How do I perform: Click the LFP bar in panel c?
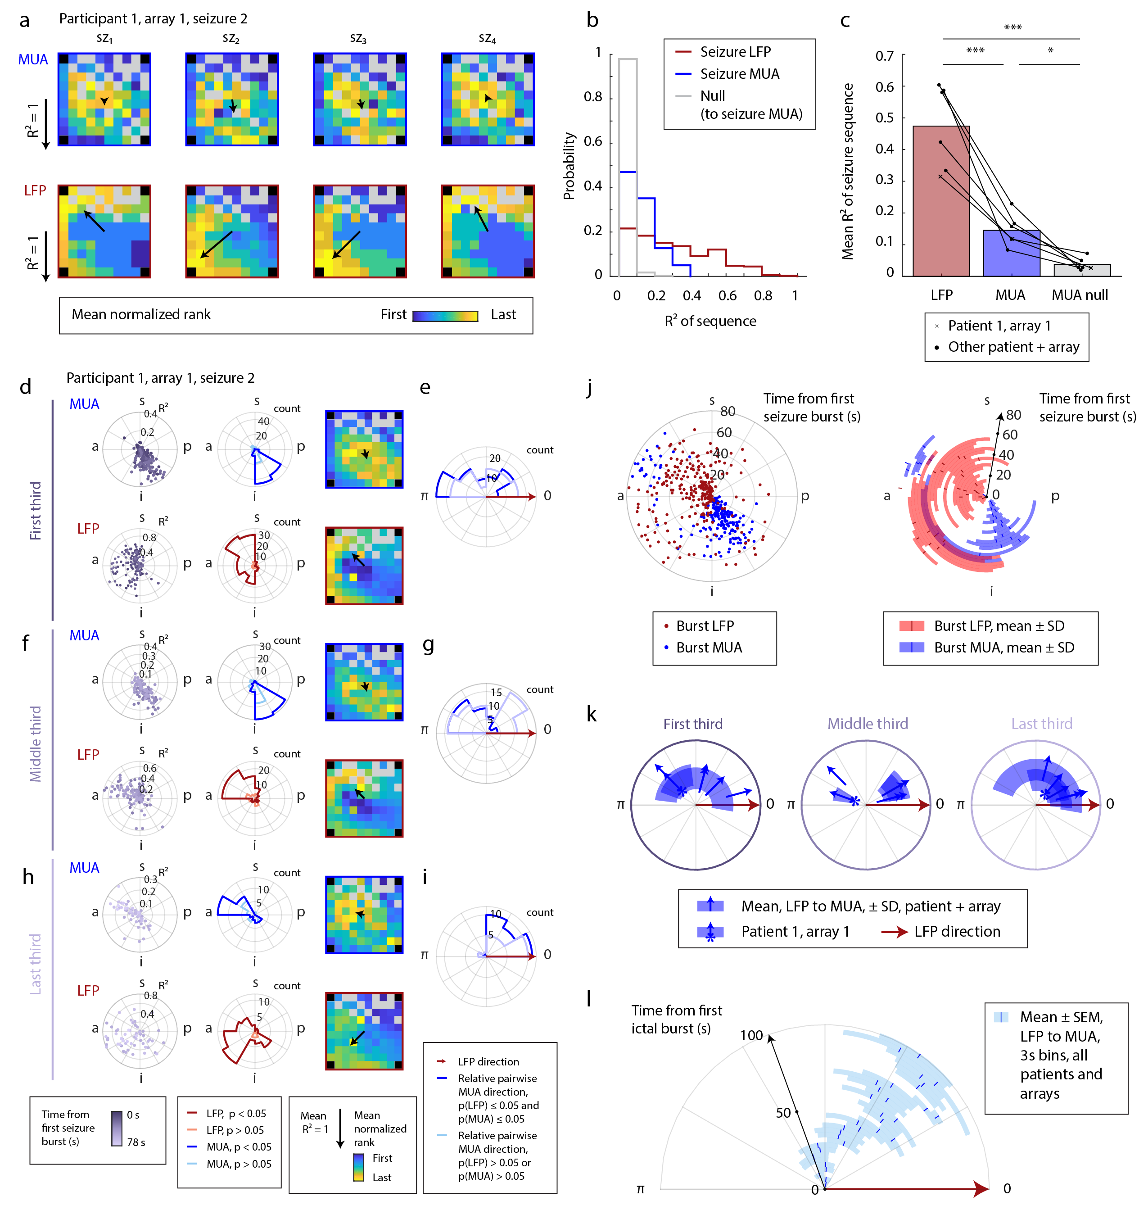[x=940, y=204]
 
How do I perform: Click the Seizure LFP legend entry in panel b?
[x=735, y=52]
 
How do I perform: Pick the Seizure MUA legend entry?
[x=739, y=74]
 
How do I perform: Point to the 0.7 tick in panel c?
[x=884, y=56]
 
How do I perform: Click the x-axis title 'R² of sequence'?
[x=710, y=321]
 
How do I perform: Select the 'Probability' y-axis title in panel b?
[x=569, y=166]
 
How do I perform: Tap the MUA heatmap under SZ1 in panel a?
[x=104, y=100]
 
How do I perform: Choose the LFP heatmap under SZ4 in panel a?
[x=487, y=231]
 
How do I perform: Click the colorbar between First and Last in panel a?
[x=445, y=316]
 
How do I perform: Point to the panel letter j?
[x=590, y=388]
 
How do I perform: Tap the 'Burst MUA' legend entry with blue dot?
[x=708, y=648]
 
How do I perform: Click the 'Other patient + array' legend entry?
[x=1013, y=347]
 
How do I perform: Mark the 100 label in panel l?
[x=751, y=1035]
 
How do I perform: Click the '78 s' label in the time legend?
[x=136, y=1142]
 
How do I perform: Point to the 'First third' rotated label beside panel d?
[x=36, y=511]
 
